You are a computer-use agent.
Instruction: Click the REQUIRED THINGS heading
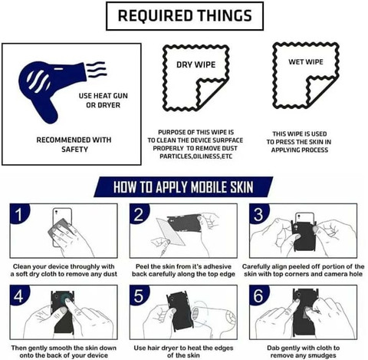point(185,15)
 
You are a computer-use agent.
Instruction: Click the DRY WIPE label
point(196,64)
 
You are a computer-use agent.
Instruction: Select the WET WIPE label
point(306,62)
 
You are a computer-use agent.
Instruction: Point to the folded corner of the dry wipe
point(209,93)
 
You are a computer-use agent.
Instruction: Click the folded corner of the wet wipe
point(320,90)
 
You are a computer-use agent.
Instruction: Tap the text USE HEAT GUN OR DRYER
point(103,101)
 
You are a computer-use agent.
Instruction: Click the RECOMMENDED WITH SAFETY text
point(74,144)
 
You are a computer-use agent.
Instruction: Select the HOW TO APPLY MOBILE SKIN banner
point(183,187)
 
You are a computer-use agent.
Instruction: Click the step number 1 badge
point(18,214)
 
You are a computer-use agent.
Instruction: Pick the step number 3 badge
point(258,214)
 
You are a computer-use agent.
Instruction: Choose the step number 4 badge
point(18,296)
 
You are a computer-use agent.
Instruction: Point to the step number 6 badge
point(258,296)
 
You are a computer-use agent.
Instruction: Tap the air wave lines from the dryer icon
point(97,69)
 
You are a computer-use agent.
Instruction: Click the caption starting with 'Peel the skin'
point(183,270)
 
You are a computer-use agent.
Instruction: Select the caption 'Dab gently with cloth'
point(304,352)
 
